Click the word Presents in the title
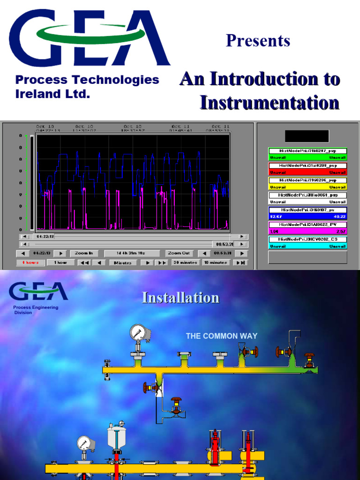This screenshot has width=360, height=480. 258,41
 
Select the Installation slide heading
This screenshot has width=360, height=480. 180,298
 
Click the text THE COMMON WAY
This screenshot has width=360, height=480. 222,336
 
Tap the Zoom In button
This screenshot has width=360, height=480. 84,253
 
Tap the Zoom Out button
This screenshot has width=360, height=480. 179,253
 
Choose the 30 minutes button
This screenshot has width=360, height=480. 185,262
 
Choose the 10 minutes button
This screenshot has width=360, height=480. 215,262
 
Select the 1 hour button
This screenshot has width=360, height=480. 60,262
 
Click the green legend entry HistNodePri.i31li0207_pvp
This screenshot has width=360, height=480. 307,151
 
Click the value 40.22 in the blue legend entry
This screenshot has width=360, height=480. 339,217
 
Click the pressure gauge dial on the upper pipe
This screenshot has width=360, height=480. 138,332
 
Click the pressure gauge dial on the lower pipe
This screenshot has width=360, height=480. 84,443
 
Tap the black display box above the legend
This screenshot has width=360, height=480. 307,136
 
